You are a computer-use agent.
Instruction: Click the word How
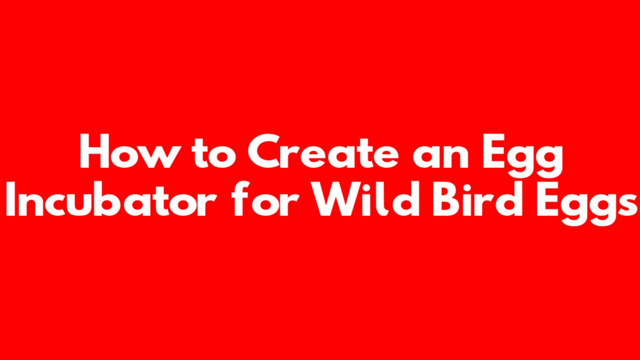click(127, 151)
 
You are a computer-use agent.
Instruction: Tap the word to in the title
click(214, 153)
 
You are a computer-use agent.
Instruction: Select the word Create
click(323, 151)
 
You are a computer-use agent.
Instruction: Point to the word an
click(440, 155)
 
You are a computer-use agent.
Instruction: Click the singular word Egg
click(523, 155)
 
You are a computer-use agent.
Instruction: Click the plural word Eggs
click(586, 203)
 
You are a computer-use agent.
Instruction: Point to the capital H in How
click(94, 151)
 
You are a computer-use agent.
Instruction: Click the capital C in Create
click(264, 151)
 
